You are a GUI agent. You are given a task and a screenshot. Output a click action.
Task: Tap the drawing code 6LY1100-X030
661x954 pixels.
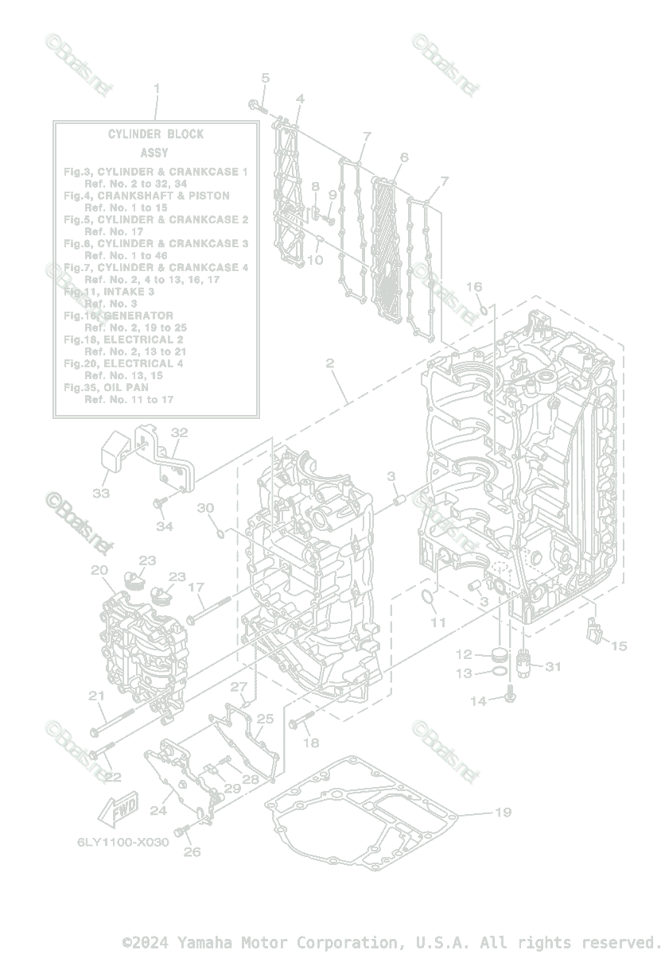tap(122, 842)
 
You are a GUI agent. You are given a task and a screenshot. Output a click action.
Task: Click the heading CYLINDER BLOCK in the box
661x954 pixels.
tap(156, 134)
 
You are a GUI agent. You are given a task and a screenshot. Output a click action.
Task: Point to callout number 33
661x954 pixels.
tap(100, 493)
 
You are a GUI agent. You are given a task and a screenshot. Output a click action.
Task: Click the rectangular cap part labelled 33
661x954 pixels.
tap(115, 456)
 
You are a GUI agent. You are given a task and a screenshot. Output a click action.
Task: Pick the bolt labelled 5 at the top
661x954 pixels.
tap(258, 105)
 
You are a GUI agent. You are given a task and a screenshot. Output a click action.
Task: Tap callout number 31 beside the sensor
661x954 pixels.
tap(552, 666)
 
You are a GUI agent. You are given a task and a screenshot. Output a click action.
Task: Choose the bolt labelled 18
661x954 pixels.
tap(296, 723)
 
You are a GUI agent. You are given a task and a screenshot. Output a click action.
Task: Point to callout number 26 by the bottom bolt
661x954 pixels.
tap(192, 851)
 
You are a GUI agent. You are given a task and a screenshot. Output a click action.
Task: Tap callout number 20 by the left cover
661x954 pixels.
tap(99, 570)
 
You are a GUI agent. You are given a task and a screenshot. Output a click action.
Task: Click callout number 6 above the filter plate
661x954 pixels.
tap(403, 157)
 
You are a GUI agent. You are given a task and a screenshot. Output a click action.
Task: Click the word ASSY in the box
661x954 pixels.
tap(154, 153)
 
